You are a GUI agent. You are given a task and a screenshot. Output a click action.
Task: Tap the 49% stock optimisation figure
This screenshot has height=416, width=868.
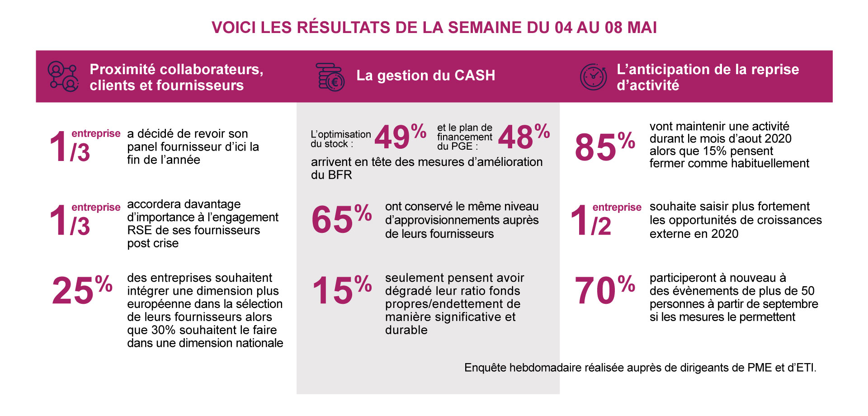point(400,137)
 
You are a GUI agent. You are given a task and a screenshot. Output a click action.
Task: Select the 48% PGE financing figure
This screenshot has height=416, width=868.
point(524,137)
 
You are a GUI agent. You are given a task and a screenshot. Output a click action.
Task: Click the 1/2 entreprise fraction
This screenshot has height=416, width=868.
point(592,221)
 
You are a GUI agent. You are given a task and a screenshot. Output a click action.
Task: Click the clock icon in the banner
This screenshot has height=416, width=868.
point(593,77)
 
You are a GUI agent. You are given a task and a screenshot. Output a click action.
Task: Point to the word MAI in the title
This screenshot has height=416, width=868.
point(642,28)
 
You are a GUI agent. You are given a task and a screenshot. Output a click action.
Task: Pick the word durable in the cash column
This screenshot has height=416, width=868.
point(406,330)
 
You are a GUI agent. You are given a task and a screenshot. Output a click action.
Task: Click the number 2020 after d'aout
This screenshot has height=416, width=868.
point(776,139)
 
